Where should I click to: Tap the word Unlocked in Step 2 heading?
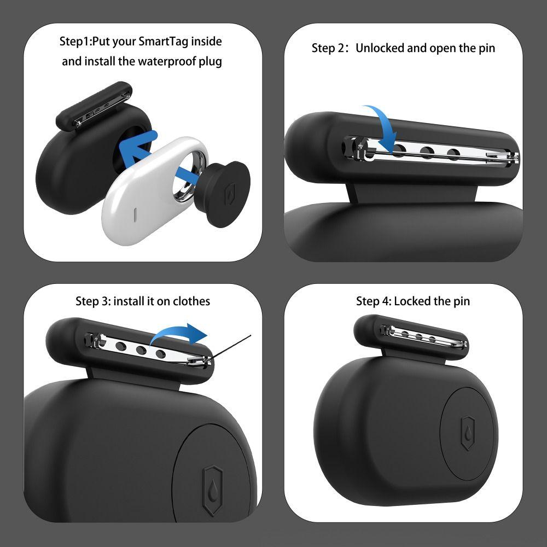(380, 48)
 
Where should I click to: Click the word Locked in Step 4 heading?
(411, 301)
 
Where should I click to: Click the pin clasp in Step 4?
(463, 344)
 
